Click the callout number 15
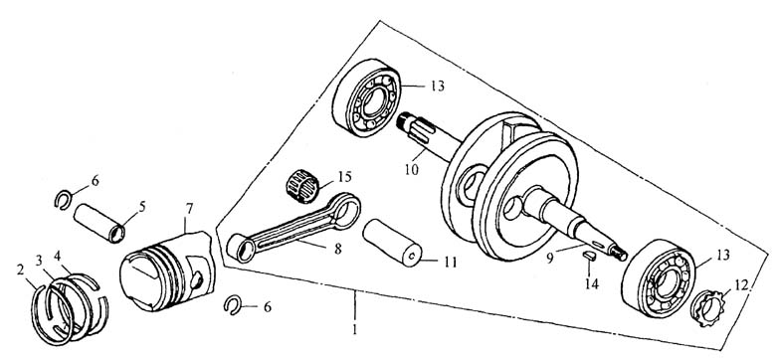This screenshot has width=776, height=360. pos(344,177)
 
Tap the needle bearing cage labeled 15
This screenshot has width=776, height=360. pos(302,185)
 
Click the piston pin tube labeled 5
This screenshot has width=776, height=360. pos(98,222)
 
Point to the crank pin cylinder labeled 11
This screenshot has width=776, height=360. pos(392,244)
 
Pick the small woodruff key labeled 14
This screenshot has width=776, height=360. pos(588,256)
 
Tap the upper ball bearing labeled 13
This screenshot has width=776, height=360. pos(367,97)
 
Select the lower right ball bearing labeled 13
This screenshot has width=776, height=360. pos(659,277)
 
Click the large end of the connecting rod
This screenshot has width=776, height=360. pos(345,210)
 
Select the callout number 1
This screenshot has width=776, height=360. pos(355,329)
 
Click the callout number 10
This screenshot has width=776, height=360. pos(411,170)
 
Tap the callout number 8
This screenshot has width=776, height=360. pos(337,249)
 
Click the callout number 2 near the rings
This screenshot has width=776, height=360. pos(20,270)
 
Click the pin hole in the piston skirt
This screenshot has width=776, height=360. pos(197,280)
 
